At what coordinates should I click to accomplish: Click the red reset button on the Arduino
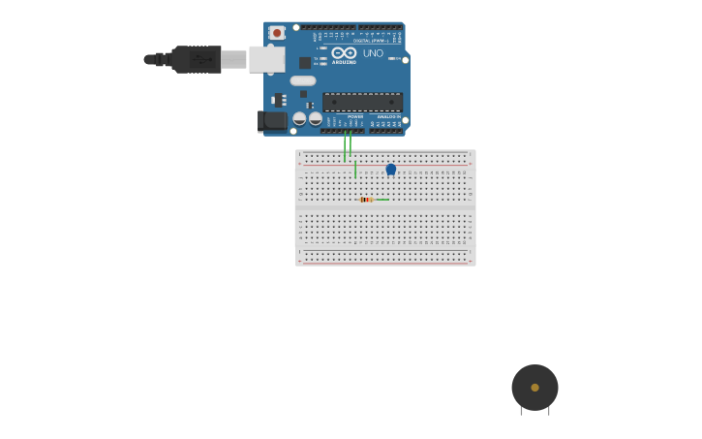pyautogui.click(x=277, y=32)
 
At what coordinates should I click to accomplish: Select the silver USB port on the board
pyautogui.click(x=266, y=59)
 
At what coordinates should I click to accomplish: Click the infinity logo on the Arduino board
pyautogui.click(x=344, y=52)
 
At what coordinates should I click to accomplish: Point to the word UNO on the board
pyautogui.click(x=373, y=53)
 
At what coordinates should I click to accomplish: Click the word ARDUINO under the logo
pyautogui.click(x=344, y=62)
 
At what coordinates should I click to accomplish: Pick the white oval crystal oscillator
pyautogui.click(x=303, y=80)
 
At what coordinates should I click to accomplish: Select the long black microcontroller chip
pyautogui.click(x=362, y=101)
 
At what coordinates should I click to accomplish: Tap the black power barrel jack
pyautogui.click(x=273, y=120)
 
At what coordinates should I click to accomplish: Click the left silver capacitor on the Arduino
pyautogui.click(x=299, y=118)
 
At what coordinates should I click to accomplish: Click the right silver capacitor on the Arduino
pyautogui.click(x=315, y=118)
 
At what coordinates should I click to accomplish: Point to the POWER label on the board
pyautogui.click(x=355, y=116)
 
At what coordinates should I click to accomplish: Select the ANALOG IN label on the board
pyautogui.click(x=388, y=116)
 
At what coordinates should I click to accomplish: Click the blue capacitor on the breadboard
pyautogui.click(x=391, y=170)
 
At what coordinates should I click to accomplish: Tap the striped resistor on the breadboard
pyautogui.click(x=366, y=200)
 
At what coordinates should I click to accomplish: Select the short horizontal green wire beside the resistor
pyautogui.click(x=382, y=200)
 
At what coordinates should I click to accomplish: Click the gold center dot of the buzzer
pyautogui.click(x=534, y=388)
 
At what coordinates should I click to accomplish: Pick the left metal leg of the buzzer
pyautogui.click(x=521, y=411)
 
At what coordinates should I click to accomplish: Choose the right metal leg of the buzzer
pyautogui.click(x=549, y=411)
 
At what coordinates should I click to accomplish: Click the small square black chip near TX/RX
pyautogui.click(x=305, y=62)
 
